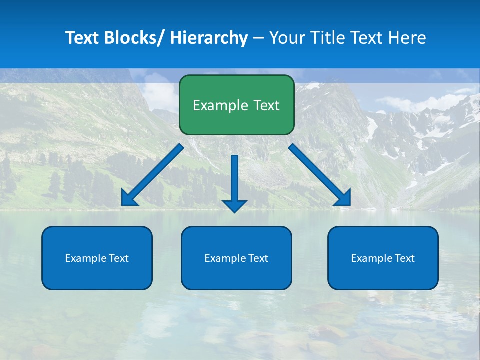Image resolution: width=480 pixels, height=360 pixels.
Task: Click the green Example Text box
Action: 236,105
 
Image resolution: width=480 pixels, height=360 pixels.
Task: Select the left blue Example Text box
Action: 97,258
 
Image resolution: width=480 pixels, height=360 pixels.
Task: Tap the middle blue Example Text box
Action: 236,258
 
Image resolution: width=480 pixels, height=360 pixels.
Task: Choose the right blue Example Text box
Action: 383,258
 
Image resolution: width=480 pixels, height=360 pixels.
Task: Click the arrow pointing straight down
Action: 234,180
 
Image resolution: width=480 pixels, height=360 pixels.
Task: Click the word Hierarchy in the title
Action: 209,38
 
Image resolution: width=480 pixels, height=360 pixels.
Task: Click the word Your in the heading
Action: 286,38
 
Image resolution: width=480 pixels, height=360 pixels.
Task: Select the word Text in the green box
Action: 267,105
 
